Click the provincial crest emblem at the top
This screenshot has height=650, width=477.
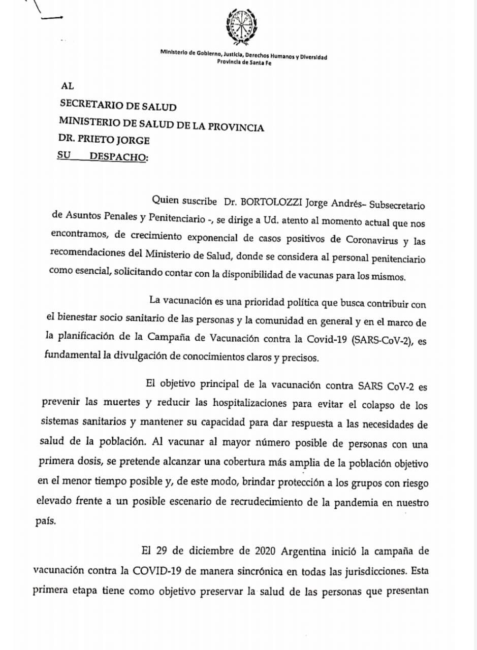[x=241, y=27]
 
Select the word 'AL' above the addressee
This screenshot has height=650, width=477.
[x=67, y=87]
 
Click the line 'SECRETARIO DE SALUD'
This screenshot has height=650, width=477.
[x=118, y=107]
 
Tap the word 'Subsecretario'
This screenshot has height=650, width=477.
[x=396, y=205]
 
